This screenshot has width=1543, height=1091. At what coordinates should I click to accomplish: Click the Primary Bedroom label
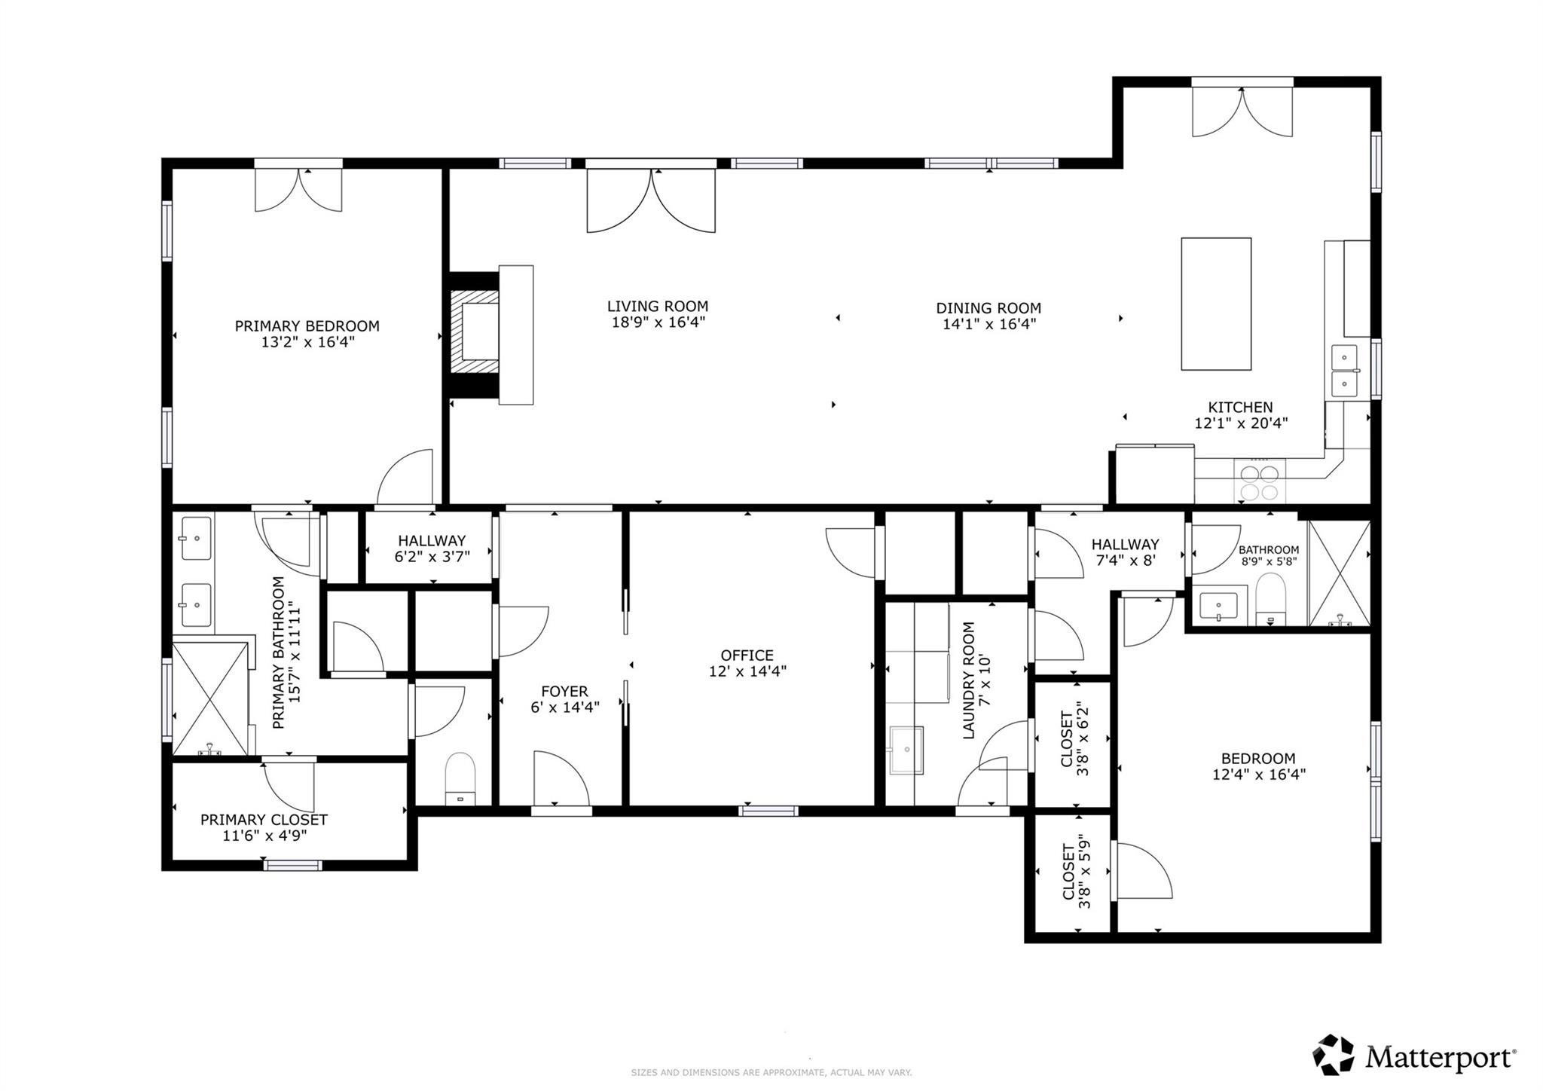[307, 326]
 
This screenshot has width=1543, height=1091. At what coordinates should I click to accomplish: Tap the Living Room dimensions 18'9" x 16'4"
[658, 322]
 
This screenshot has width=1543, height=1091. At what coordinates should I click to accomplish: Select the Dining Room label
[988, 308]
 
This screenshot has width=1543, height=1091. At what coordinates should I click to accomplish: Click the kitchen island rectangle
[1216, 304]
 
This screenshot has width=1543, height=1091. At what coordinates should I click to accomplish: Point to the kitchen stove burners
[1260, 482]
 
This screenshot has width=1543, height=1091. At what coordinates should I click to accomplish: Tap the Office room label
[747, 656]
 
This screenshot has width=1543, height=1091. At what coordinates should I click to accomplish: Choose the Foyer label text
[564, 692]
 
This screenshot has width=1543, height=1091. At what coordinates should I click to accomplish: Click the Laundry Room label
[968, 680]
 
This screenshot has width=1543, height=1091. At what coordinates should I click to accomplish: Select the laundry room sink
[906, 750]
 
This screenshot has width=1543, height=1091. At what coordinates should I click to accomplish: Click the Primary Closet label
[264, 820]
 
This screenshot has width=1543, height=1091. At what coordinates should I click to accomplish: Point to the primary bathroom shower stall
[210, 698]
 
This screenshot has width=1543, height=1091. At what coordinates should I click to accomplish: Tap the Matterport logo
[1414, 1056]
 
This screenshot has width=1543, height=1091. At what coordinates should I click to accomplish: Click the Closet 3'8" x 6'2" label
[1075, 739]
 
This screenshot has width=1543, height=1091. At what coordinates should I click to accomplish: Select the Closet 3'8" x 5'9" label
[1076, 872]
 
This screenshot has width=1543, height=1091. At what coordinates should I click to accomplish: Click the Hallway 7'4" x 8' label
[1125, 552]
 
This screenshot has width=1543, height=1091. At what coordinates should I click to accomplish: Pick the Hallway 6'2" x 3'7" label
[432, 549]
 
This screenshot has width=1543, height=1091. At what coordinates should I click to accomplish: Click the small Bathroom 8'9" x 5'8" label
[1269, 555]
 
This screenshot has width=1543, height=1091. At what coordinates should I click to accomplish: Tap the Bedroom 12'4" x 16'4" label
[1258, 766]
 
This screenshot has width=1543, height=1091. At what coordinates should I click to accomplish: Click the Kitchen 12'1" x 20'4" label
[1241, 415]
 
